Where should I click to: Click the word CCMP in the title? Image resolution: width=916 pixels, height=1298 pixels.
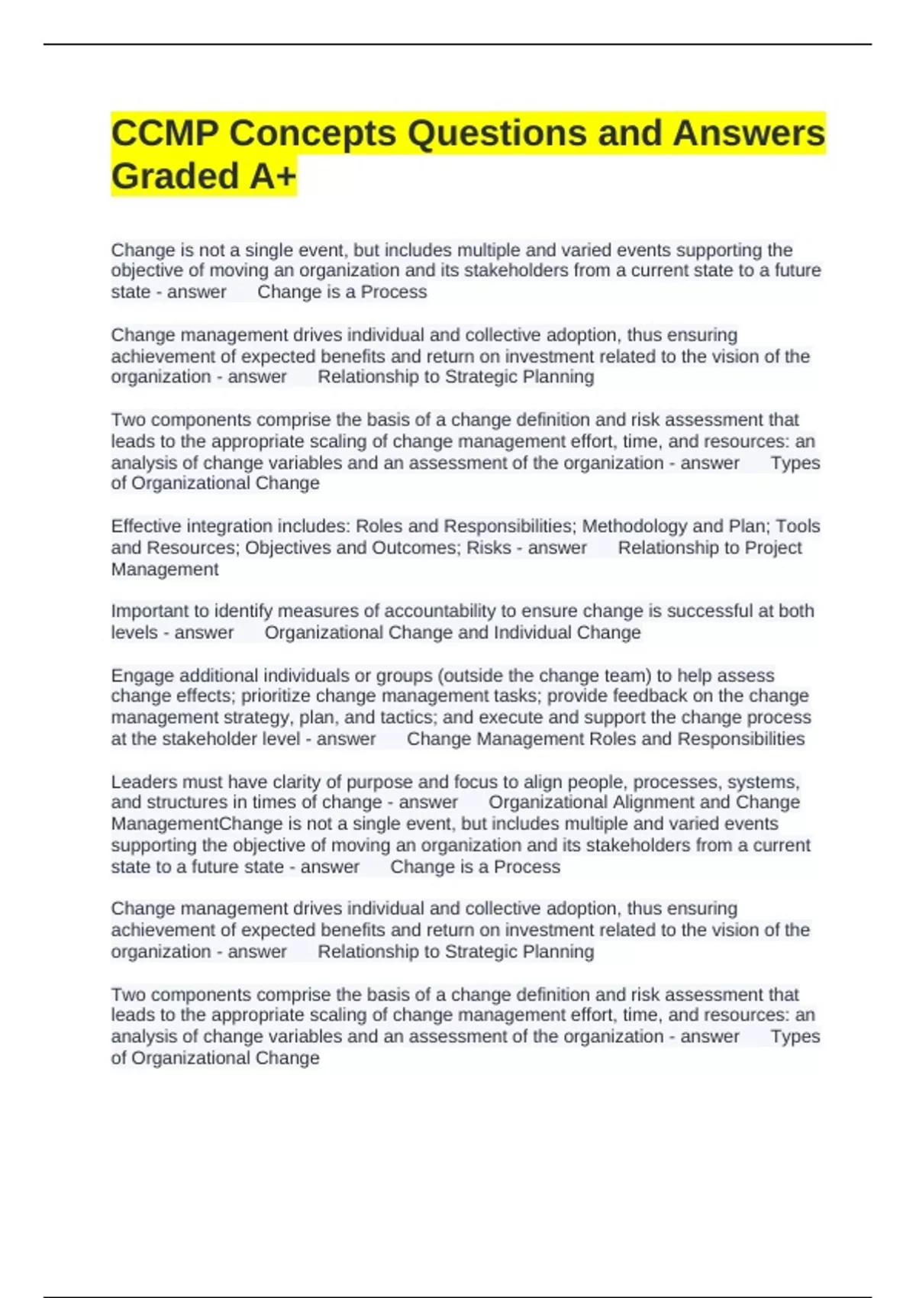(x=163, y=134)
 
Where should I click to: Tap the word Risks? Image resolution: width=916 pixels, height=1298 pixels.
(x=489, y=547)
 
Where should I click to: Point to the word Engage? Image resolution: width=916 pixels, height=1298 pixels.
(x=136, y=676)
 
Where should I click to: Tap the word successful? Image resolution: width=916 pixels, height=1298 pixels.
(x=718, y=611)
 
